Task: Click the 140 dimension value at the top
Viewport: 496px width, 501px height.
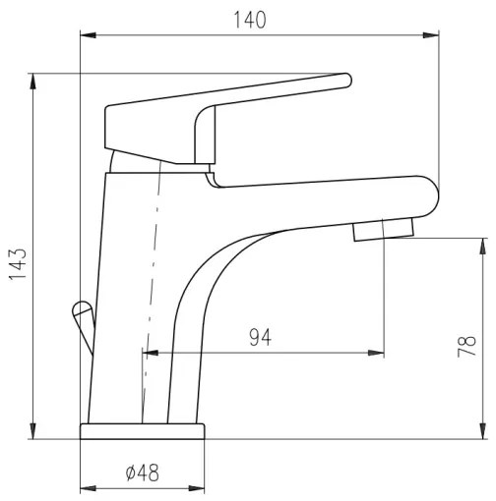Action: pyautogui.click(x=250, y=21)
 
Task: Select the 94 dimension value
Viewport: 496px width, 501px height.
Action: pyautogui.click(x=260, y=337)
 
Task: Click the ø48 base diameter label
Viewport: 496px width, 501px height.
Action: pyautogui.click(x=143, y=473)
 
